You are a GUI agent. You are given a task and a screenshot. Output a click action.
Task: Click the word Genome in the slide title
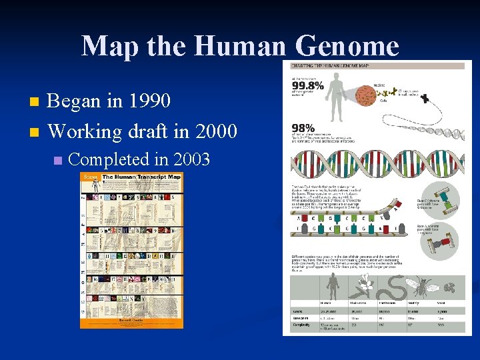[344, 46]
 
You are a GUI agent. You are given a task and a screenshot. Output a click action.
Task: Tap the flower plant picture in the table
[360, 287]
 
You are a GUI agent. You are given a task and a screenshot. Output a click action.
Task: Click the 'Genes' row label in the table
[298, 310]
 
